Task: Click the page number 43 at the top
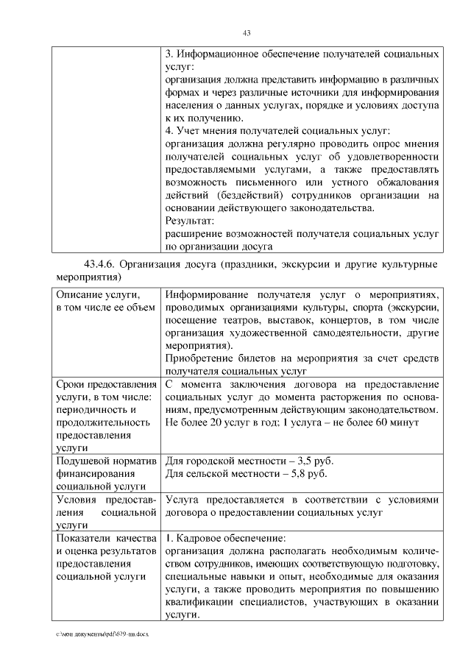pos(247,32)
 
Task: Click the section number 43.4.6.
pos(100,264)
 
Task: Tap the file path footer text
pos(97,634)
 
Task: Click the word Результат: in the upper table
pos(189,220)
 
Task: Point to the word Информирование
pos(210,293)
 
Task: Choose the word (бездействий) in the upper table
pos(249,195)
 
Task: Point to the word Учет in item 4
pos(189,131)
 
